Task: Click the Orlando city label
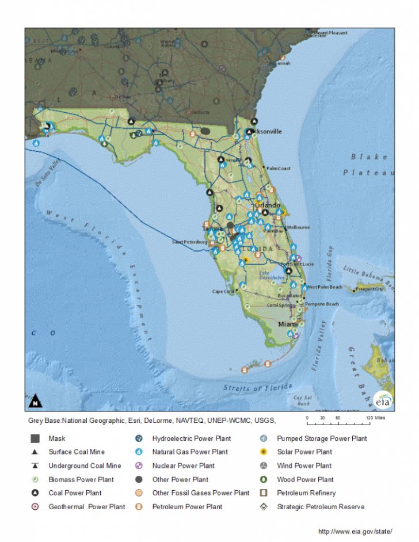click(268, 205)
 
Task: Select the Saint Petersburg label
click(189, 242)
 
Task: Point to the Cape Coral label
click(224, 291)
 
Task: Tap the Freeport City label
click(369, 289)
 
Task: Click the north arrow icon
click(35, 400)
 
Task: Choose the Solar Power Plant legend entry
click(304, 452)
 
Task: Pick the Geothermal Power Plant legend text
click(86, 507)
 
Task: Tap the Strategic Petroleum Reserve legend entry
click(321, 507)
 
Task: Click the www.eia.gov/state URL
click(355, 531)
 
